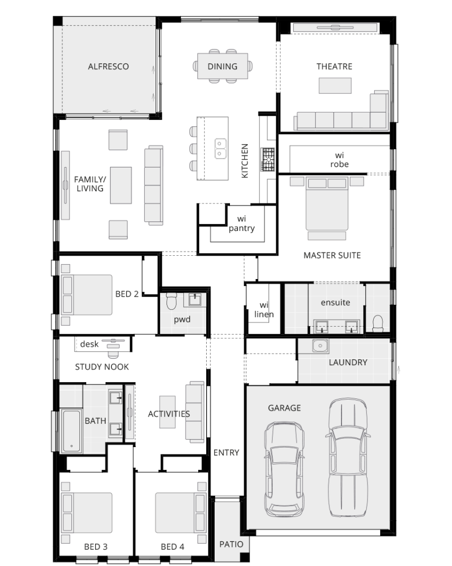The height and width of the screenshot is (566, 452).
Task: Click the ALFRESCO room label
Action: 108,67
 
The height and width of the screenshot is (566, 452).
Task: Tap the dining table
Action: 223,66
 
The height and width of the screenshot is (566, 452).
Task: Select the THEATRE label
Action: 334,67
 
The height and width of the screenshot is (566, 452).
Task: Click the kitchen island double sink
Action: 220,149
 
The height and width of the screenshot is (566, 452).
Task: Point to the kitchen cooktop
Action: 268,159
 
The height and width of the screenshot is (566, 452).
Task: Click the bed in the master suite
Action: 327,203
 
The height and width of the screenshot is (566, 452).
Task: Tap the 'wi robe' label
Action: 339,160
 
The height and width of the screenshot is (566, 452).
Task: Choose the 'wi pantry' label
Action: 242,224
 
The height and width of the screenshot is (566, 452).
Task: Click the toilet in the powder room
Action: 171,301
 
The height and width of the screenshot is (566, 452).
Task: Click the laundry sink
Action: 320,346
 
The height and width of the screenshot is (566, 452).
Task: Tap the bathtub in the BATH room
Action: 71,431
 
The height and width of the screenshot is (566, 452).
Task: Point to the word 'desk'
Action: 89,344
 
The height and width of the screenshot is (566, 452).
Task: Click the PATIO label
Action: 232,544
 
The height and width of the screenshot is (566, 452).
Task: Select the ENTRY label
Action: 226,453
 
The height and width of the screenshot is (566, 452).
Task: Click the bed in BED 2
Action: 87,295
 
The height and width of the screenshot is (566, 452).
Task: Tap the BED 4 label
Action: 172,547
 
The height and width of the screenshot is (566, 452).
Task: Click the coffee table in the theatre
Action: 335,86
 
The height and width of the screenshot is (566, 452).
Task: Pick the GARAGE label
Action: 284,408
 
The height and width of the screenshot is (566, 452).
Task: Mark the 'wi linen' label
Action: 264,310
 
